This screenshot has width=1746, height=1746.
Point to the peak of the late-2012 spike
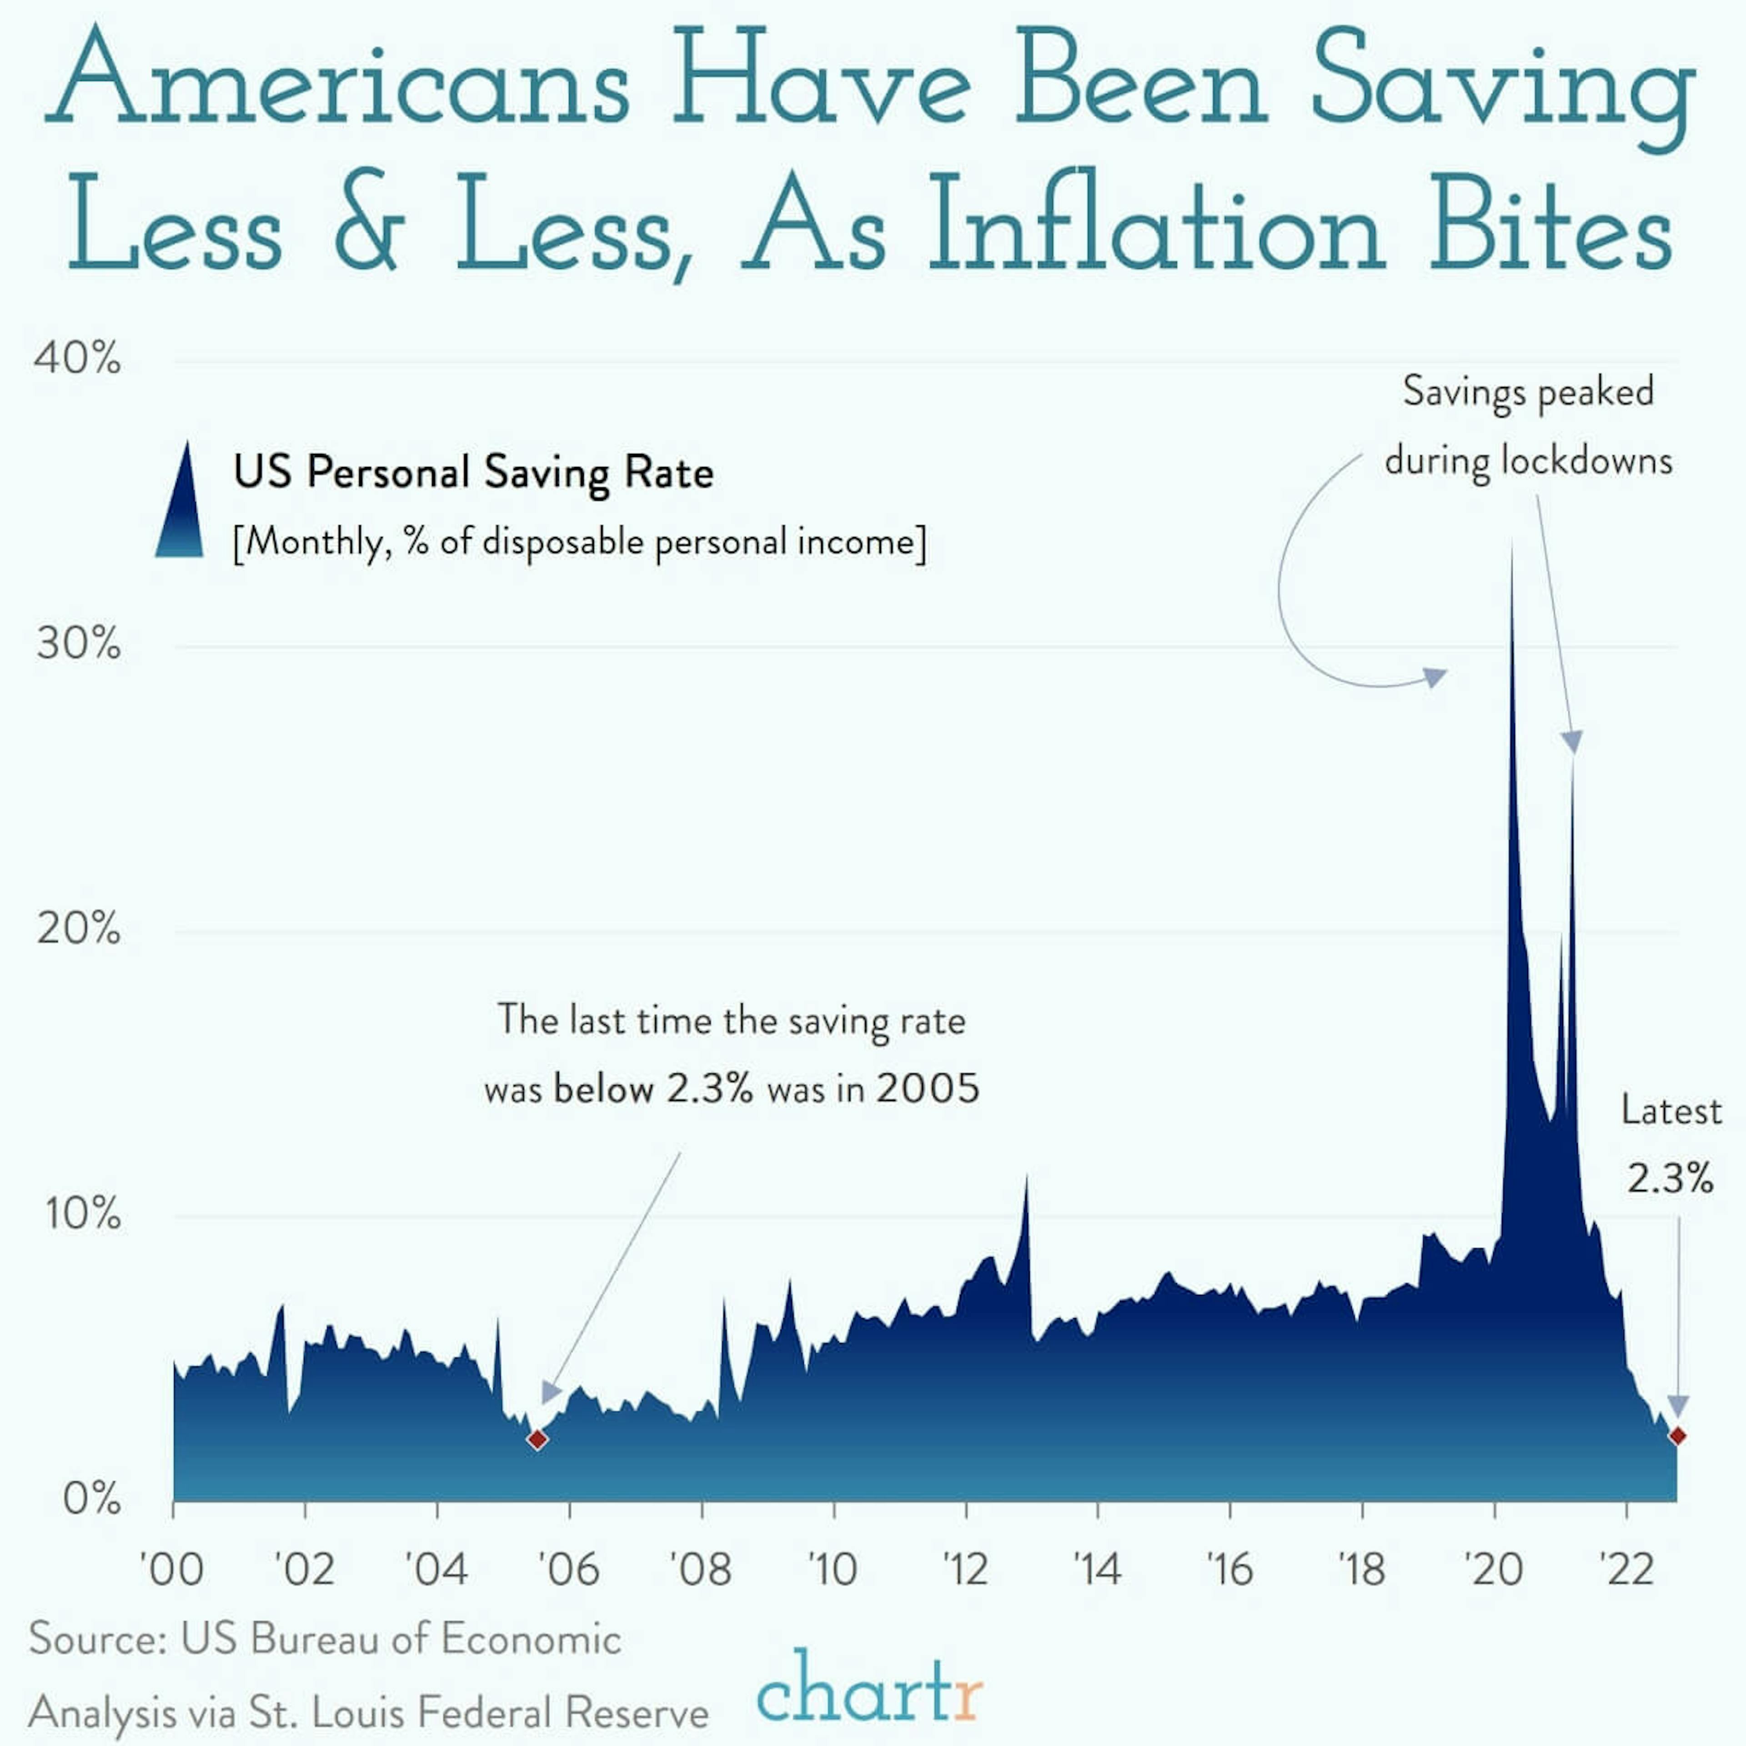(x=1027, y=1177)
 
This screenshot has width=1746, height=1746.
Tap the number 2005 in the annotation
(x=927, y=1088)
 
